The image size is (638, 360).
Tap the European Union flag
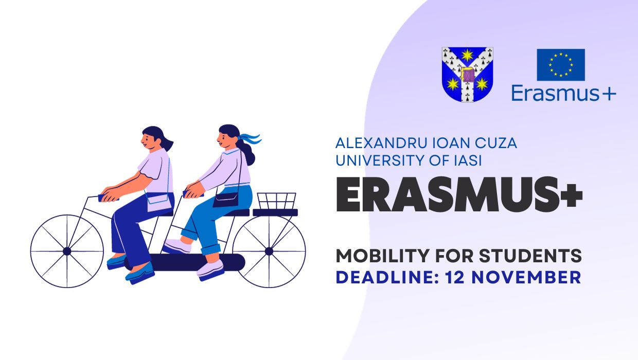tap(561, 65)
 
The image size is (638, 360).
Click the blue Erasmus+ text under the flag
tap(563, 93)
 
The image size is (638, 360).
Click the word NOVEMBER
tap(534, 277)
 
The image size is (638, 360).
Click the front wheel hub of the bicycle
tap(67, 251)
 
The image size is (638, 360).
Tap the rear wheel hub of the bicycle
tap(269, 251)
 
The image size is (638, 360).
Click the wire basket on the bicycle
tap(276, 201)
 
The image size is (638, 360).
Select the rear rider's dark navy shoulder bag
tap(225, 198)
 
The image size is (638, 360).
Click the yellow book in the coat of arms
tap(468, 75)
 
